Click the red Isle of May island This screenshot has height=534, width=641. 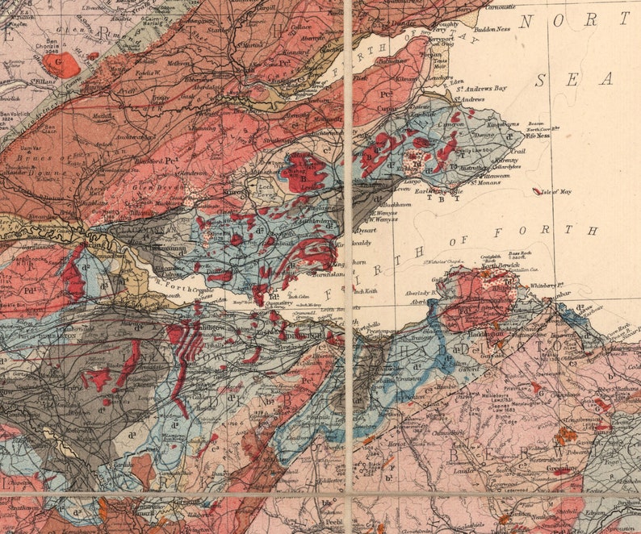coord(538,191)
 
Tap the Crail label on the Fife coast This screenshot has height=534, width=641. coord(517,151)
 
